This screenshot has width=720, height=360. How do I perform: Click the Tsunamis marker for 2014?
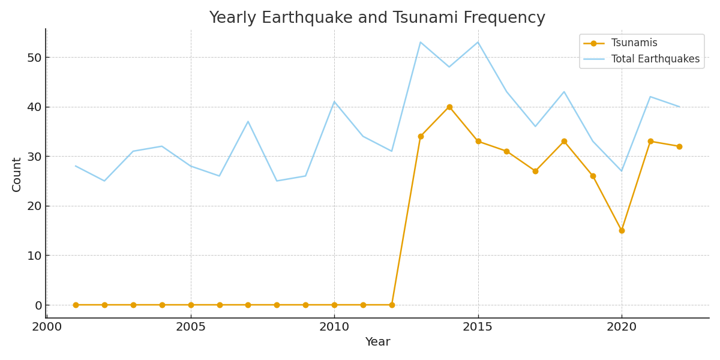(x=449, y=107)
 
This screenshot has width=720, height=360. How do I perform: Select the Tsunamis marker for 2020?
(x=622, y=230)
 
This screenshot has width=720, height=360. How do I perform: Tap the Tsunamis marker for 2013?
(x=421, y=136)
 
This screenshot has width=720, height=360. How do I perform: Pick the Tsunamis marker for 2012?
(x=392, y=305)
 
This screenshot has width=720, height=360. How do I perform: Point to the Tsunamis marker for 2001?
(x=76, y=305)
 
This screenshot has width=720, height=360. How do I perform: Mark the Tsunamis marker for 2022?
(x=679, y=146)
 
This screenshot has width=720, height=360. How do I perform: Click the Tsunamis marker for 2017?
(x=535, y=171)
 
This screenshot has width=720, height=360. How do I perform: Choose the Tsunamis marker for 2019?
(x=593, y=176)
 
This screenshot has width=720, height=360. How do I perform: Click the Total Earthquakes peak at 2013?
(x=421, y=42)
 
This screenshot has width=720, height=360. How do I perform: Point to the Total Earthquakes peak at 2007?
(x=248, y=121)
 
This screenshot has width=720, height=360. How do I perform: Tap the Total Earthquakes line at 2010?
(x=334, y=101)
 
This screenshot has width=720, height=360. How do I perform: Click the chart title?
(x=377, y=18)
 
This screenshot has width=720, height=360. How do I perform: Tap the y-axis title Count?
(x=17, y=174)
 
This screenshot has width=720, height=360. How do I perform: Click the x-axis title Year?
(x=377, y=342)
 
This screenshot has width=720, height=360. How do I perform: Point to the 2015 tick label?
(x=478, y=327)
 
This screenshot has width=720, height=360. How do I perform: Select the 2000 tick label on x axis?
(x=47, y=327)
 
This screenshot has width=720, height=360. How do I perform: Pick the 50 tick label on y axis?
(x=34, y=58)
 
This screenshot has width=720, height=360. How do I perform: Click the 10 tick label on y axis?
(x=34, y=256)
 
